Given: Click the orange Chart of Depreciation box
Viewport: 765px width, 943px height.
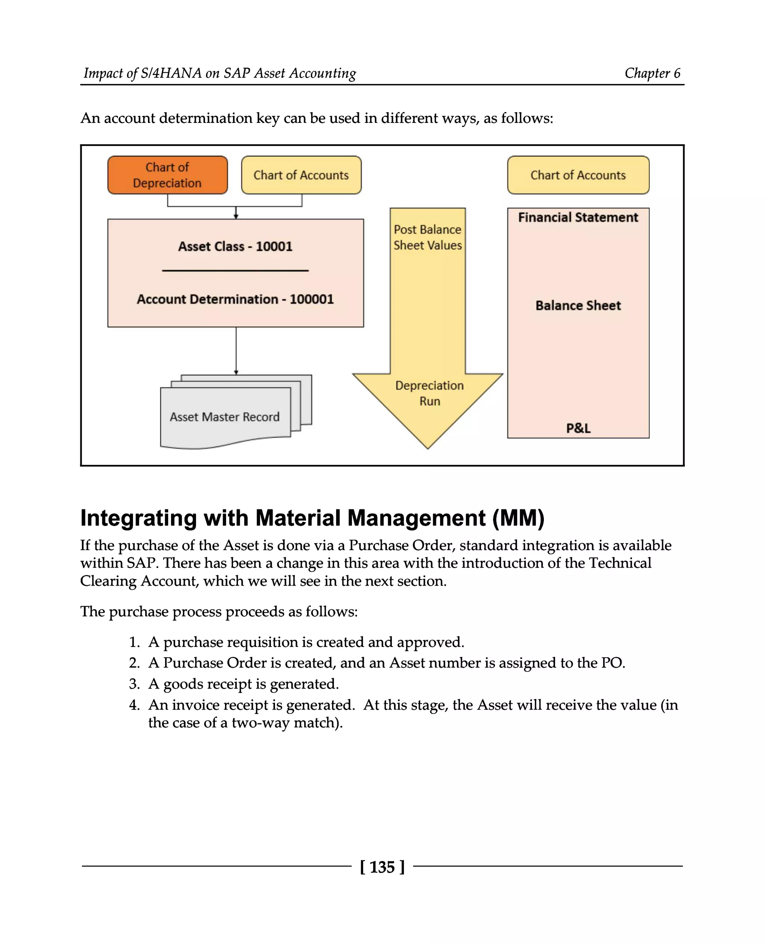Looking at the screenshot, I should click(167, 175).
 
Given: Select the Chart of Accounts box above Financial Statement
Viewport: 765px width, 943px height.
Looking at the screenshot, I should click(578, 175).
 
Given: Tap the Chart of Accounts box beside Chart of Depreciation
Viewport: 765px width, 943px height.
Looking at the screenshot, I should click(301, 175).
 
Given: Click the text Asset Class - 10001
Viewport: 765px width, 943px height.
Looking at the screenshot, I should click(235, 246).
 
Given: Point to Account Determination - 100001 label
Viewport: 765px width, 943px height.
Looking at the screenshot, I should click(235, 299).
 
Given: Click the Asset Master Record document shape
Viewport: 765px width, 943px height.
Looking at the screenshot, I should click(225, 416).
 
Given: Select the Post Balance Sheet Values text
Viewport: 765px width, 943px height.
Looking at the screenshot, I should click(427, 238).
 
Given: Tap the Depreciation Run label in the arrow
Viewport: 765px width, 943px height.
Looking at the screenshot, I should click(429, 393).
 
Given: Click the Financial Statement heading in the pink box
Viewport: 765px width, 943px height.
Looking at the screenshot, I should click(578, 217).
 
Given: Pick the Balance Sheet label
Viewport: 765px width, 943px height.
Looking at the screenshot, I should click(578, 305).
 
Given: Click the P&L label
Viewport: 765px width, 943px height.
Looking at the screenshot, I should click(578, 428).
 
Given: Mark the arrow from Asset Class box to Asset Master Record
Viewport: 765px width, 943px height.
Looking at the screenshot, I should click(236, 350).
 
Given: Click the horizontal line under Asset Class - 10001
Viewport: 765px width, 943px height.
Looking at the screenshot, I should click(235, 270).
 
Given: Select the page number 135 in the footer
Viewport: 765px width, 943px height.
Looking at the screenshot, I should click(382, 867).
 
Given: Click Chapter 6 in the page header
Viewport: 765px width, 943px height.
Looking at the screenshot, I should click(652, 73).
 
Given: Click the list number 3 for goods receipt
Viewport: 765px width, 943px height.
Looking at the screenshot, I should click(134, 684).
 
